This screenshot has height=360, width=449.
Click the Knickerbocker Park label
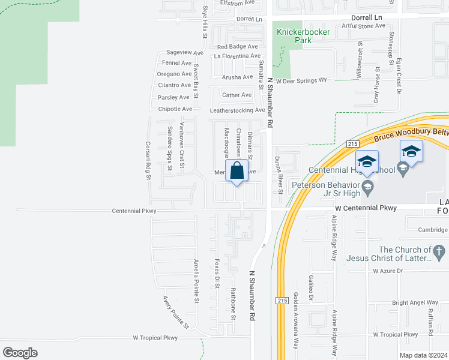294,36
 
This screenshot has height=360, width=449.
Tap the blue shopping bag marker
238,170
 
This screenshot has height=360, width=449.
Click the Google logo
20,353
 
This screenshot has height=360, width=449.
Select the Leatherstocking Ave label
237,110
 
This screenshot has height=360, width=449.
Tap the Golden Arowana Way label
296,321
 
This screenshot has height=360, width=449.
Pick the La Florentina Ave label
237,56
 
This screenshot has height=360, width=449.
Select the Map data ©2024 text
424,355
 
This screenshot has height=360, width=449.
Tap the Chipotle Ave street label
175,109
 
